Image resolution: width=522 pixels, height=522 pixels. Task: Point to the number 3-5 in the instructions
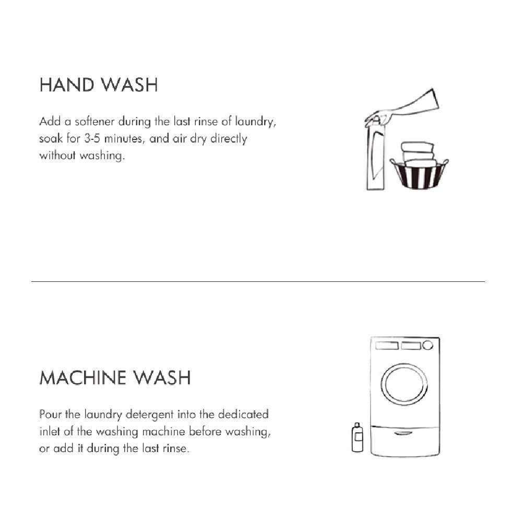(x=94, y=139)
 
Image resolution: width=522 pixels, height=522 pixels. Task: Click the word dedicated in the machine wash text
(x=243, y=414)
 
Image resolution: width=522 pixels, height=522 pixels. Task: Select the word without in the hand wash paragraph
(x=58, y=156)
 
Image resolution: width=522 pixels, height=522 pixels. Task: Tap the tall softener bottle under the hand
(x=375, y=157)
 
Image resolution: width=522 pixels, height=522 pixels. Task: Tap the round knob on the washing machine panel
(x=428, y=346)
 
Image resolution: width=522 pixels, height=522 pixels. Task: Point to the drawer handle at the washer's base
(x=405, y=433)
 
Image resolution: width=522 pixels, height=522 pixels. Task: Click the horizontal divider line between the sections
(x=258, y=282)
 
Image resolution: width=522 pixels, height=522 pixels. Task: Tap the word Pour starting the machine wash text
(x=50, y=414)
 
